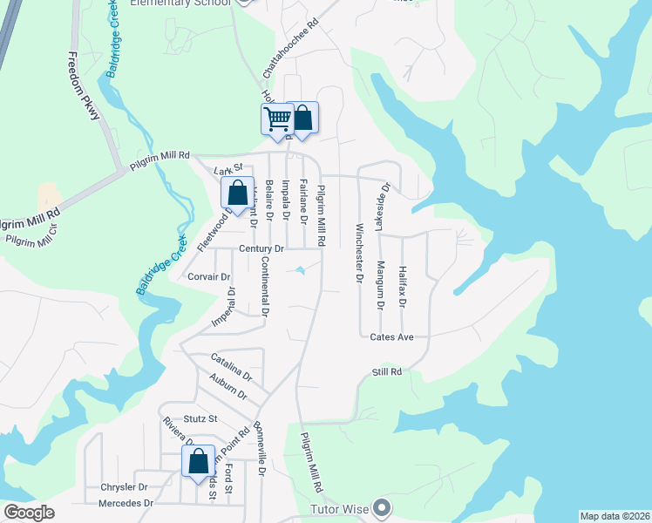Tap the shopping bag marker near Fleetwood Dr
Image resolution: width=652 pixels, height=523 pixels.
(x=237, y=194)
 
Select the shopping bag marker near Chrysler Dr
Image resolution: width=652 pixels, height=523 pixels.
(x=199, y=461)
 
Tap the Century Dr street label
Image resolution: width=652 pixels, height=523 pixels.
(x=262, y=249)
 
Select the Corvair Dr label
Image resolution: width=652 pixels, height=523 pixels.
(x=209, y=277)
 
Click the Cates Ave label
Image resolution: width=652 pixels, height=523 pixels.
(x=391, y=337)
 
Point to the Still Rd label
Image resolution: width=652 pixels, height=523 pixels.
(x=387, y=372)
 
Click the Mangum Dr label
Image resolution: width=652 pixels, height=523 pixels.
(x=380, y=285)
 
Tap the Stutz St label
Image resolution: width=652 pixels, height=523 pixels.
(x=200, y=419)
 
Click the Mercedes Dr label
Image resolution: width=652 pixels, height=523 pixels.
(x=126, y=503)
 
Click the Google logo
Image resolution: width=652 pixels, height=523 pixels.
(x=29, y=513)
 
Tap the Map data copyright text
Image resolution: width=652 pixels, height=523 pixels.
(x=615, y=516)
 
